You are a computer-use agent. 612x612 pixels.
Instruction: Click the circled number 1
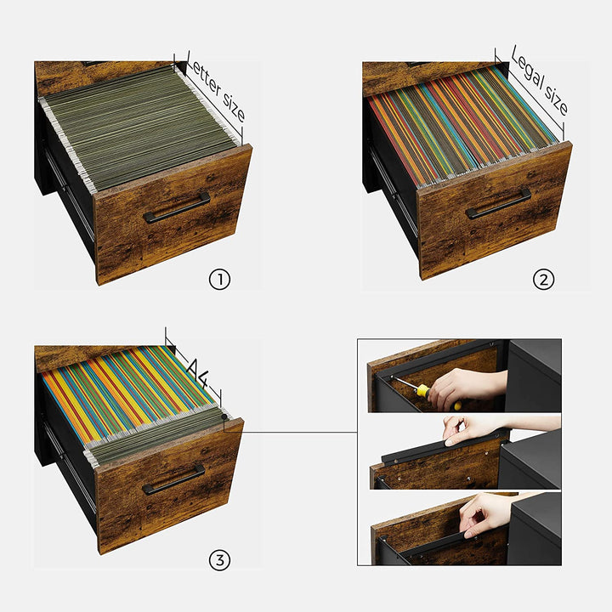pyautogui.click(x=220, y=280)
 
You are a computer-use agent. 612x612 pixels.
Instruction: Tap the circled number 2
pyautogui.click(x=543, y=280)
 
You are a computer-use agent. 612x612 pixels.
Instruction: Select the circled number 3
pyautogui.click(x=220, y=560)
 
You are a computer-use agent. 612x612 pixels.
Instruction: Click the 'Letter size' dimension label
pyautogui.click(x=216, y=88)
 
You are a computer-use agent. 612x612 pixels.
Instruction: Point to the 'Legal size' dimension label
pyautogui.click(x=540, y=80)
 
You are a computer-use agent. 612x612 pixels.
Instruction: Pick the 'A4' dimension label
pyautogui.click(x=197, y=372)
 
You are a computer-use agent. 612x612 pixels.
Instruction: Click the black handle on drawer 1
pyautogui.click(x=177, y=207)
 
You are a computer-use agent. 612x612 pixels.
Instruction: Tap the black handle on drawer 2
pyautogui.click(x=498, y=204)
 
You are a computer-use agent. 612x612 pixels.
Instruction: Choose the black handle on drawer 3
pyautogui.click(x=173, y=479)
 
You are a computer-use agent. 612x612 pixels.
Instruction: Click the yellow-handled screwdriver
pyautogui.click(x=426, y=392)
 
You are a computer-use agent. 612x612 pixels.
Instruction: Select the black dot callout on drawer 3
pyautogui.click(x=224, y=416)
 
